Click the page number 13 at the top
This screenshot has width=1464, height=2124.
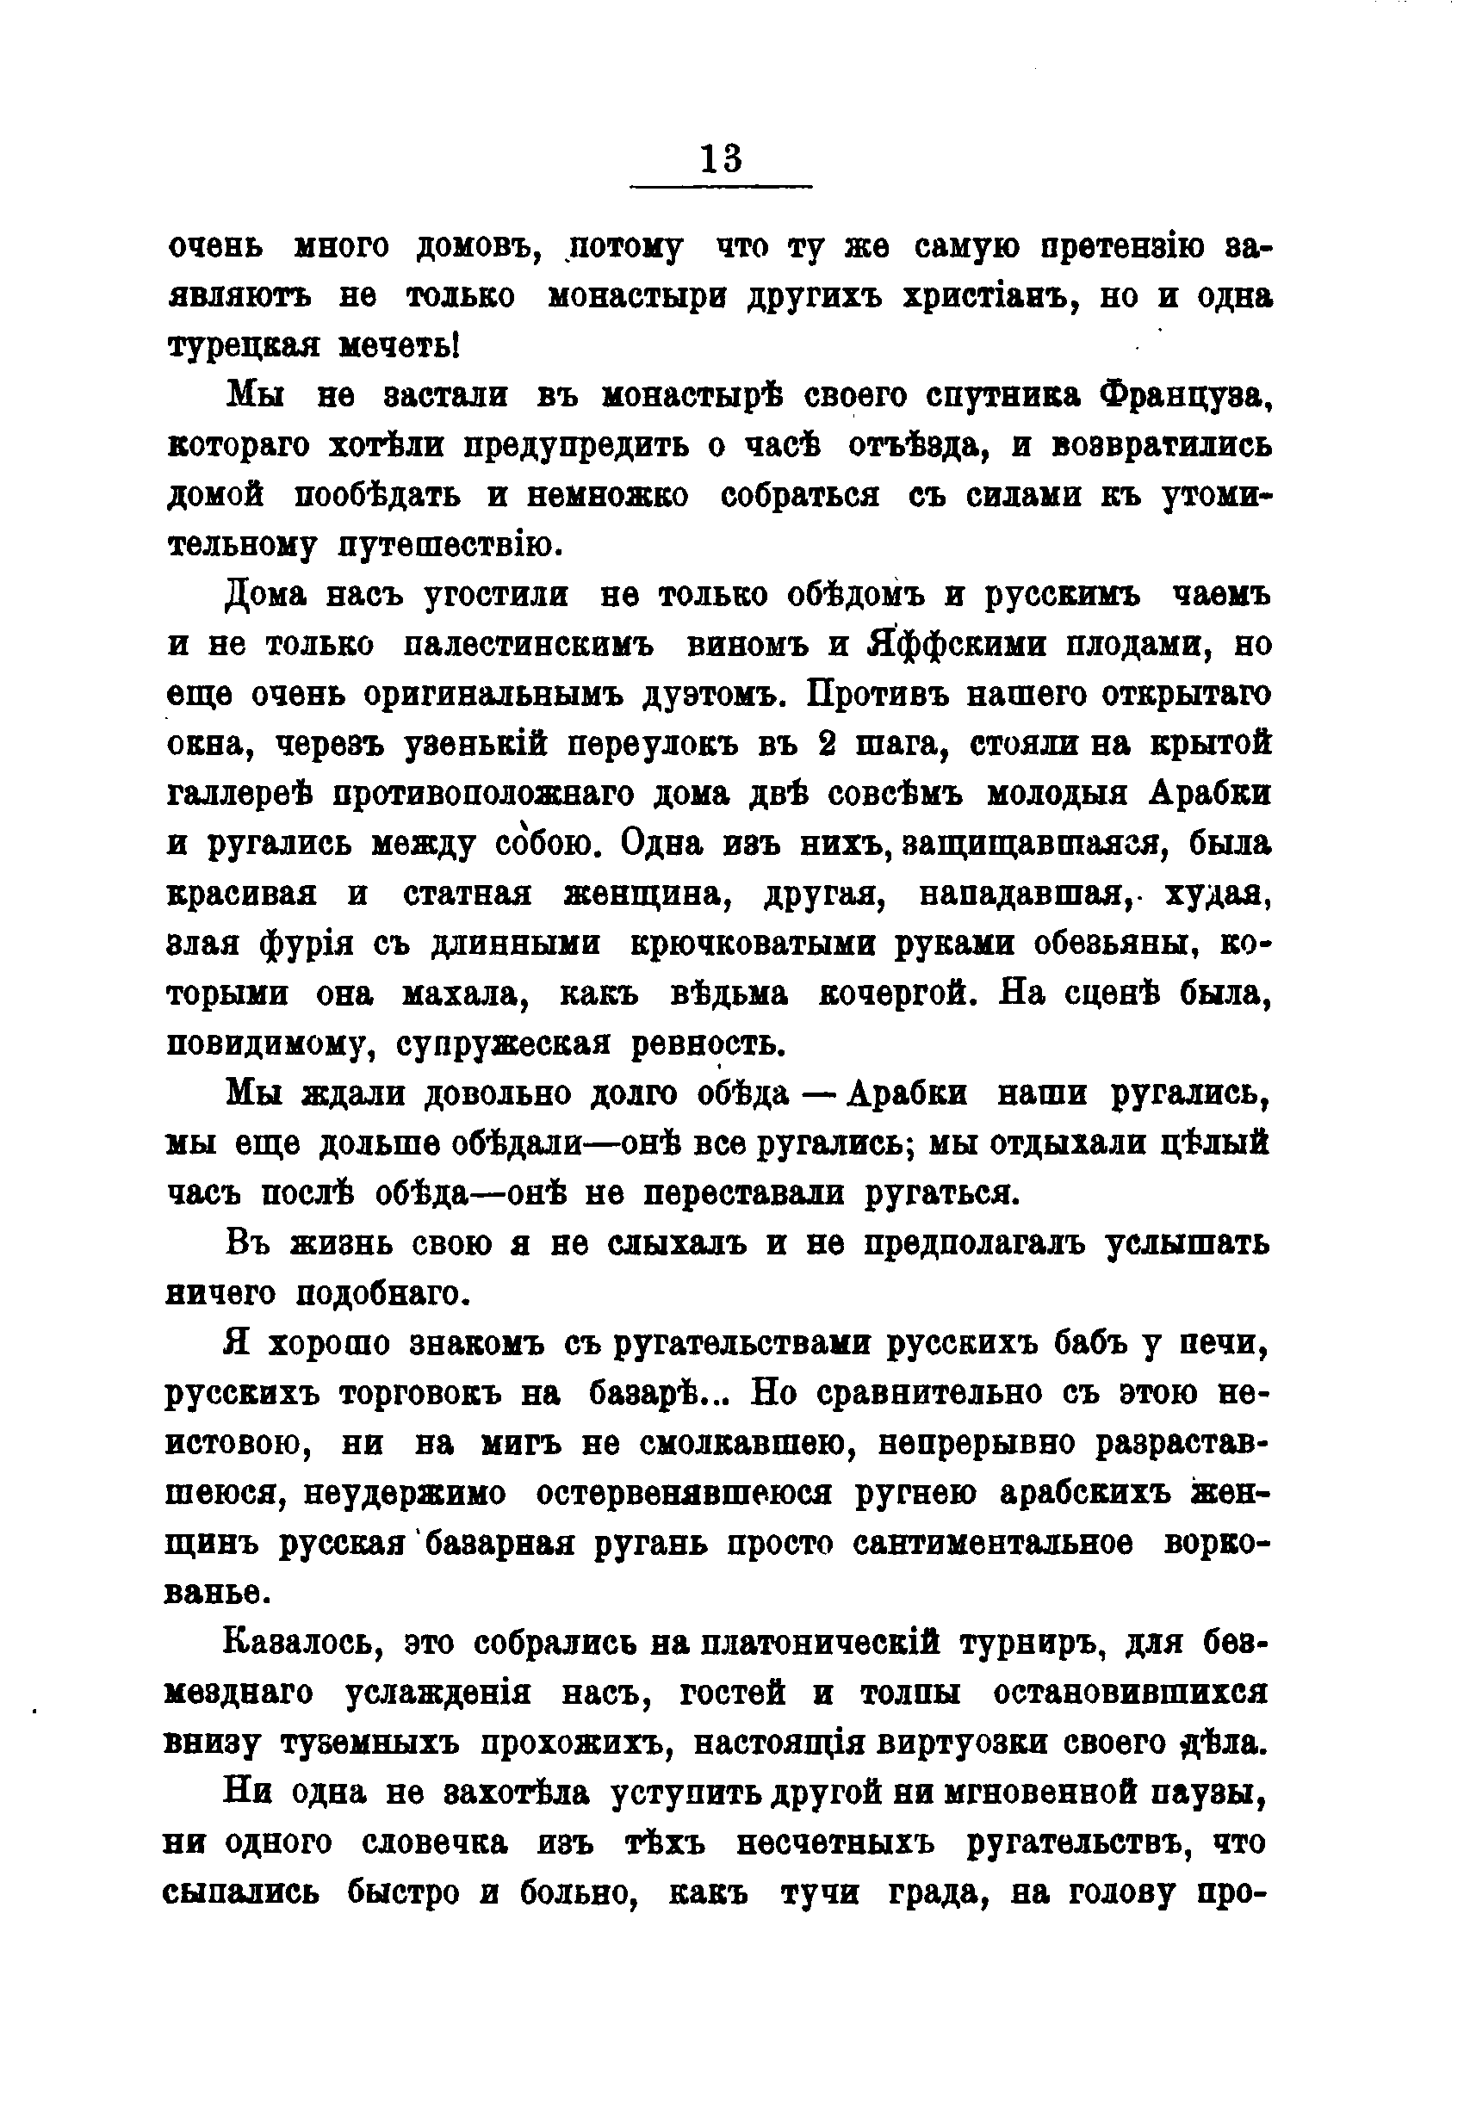click(721, 159)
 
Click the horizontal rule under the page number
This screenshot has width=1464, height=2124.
click(721, 188)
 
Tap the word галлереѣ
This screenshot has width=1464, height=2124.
click(241, 794)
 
